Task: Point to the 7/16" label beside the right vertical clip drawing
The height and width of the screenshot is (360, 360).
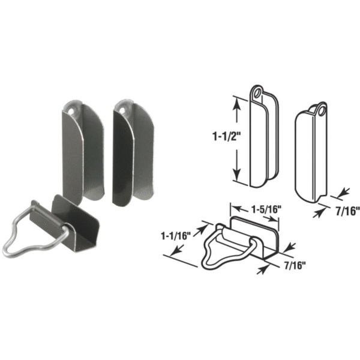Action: coord(347,211)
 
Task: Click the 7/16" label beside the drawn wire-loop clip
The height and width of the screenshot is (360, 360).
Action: coord(295,266)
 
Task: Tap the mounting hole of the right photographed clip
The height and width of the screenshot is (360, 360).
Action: coord(124,110)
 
